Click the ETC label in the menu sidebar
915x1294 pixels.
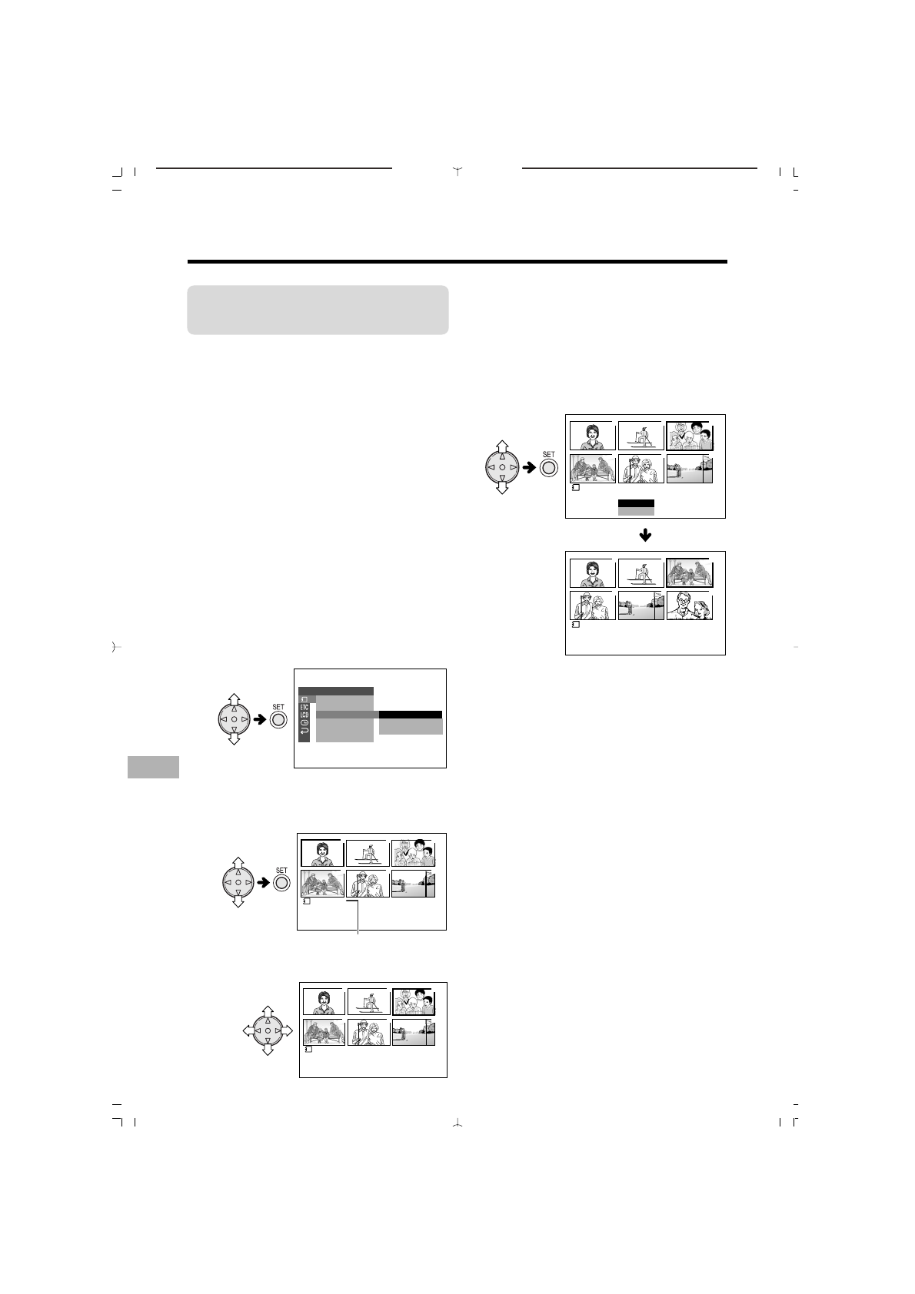304,707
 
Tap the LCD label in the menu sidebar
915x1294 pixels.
304,715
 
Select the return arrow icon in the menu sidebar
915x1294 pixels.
305,735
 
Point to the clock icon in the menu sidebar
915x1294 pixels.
305,725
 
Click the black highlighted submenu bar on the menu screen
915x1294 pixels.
411,715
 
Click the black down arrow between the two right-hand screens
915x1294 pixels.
645,535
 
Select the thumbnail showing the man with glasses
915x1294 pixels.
689,606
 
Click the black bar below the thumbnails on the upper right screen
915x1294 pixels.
636,503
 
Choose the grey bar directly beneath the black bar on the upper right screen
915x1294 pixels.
636,511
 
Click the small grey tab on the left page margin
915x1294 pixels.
153,767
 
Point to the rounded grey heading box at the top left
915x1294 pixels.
318,310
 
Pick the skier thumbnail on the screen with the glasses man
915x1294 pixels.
640,573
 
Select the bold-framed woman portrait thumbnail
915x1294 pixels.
321,853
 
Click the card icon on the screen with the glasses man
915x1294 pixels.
576,625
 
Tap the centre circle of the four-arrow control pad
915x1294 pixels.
268,1030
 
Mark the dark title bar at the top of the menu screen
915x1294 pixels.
336,692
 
